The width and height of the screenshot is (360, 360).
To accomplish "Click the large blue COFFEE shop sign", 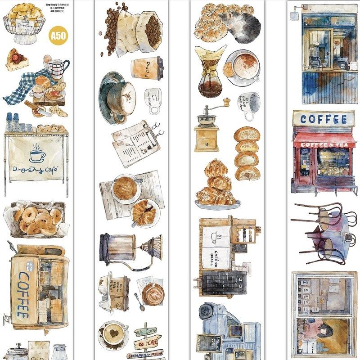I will pos(324,119).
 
